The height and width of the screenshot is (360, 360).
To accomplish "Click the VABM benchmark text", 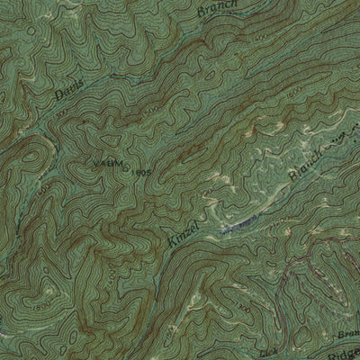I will tap(103, 162).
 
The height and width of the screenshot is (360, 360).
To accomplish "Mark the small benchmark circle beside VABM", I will tap(124, 163).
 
